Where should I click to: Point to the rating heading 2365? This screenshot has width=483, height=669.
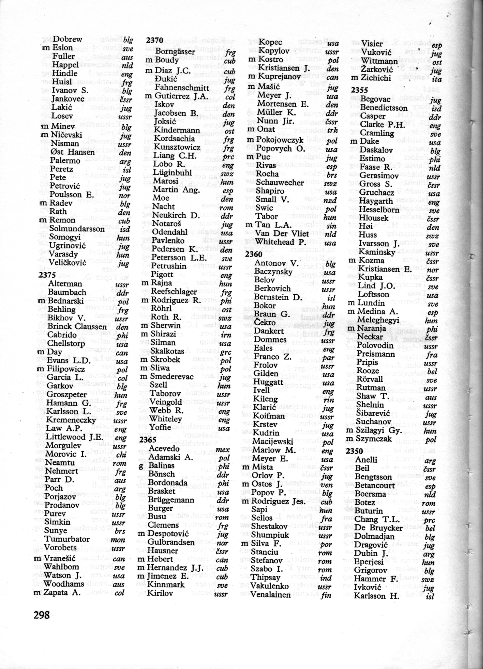[x=148, y=440]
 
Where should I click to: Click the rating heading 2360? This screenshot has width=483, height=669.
[x=254, y=254]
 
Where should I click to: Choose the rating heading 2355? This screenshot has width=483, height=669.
[x=360, y=89]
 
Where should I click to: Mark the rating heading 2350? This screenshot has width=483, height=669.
[x=354, y=451]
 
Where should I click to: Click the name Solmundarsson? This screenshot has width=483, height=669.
[x=77, y=229]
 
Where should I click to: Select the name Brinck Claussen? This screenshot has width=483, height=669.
[x=77, y=326]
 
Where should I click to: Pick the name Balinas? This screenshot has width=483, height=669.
[x=162, y=466]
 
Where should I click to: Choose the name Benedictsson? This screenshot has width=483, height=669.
[x=384, y=108]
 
